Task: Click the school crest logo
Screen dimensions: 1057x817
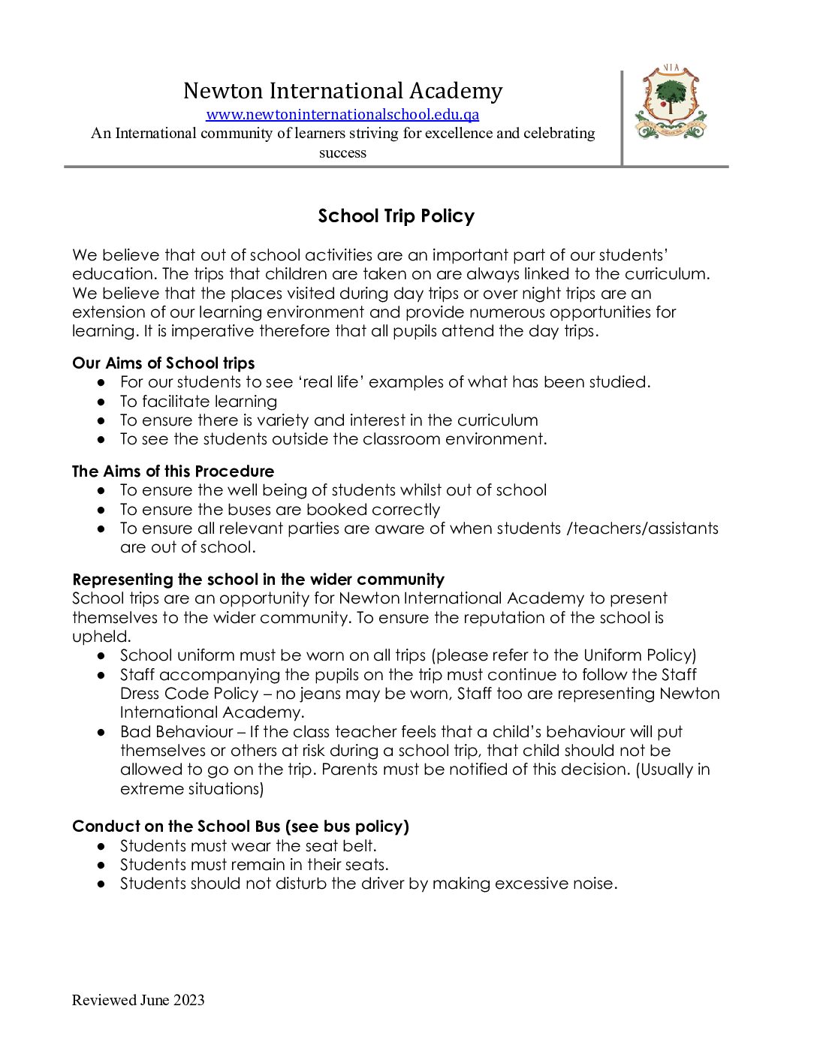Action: (x=671, y=103)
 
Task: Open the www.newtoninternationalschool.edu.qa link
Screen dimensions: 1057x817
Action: (x=342, y=115)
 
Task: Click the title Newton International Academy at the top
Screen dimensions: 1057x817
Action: (x=342, y=91)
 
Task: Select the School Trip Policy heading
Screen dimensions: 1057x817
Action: (x=396, y=216)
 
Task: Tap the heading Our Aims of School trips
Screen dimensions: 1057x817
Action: (x=163, y=363)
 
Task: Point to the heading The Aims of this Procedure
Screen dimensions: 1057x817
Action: (x=173, y=471)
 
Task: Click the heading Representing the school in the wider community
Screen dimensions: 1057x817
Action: (x=258, y=580)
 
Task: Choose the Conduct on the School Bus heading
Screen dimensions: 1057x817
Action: (x=240, y=827)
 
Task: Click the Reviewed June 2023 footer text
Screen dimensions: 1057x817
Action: (x=138, y=1000)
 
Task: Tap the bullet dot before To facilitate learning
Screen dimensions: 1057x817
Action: (x=101, y=402)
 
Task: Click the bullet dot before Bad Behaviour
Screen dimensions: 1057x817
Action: (x=101, y=732)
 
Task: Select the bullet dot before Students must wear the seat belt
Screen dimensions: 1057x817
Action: (x=101, y=846)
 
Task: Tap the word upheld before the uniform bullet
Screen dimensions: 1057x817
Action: (x=101, y=637)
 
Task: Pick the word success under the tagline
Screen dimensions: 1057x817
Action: (x=342, y=153)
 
